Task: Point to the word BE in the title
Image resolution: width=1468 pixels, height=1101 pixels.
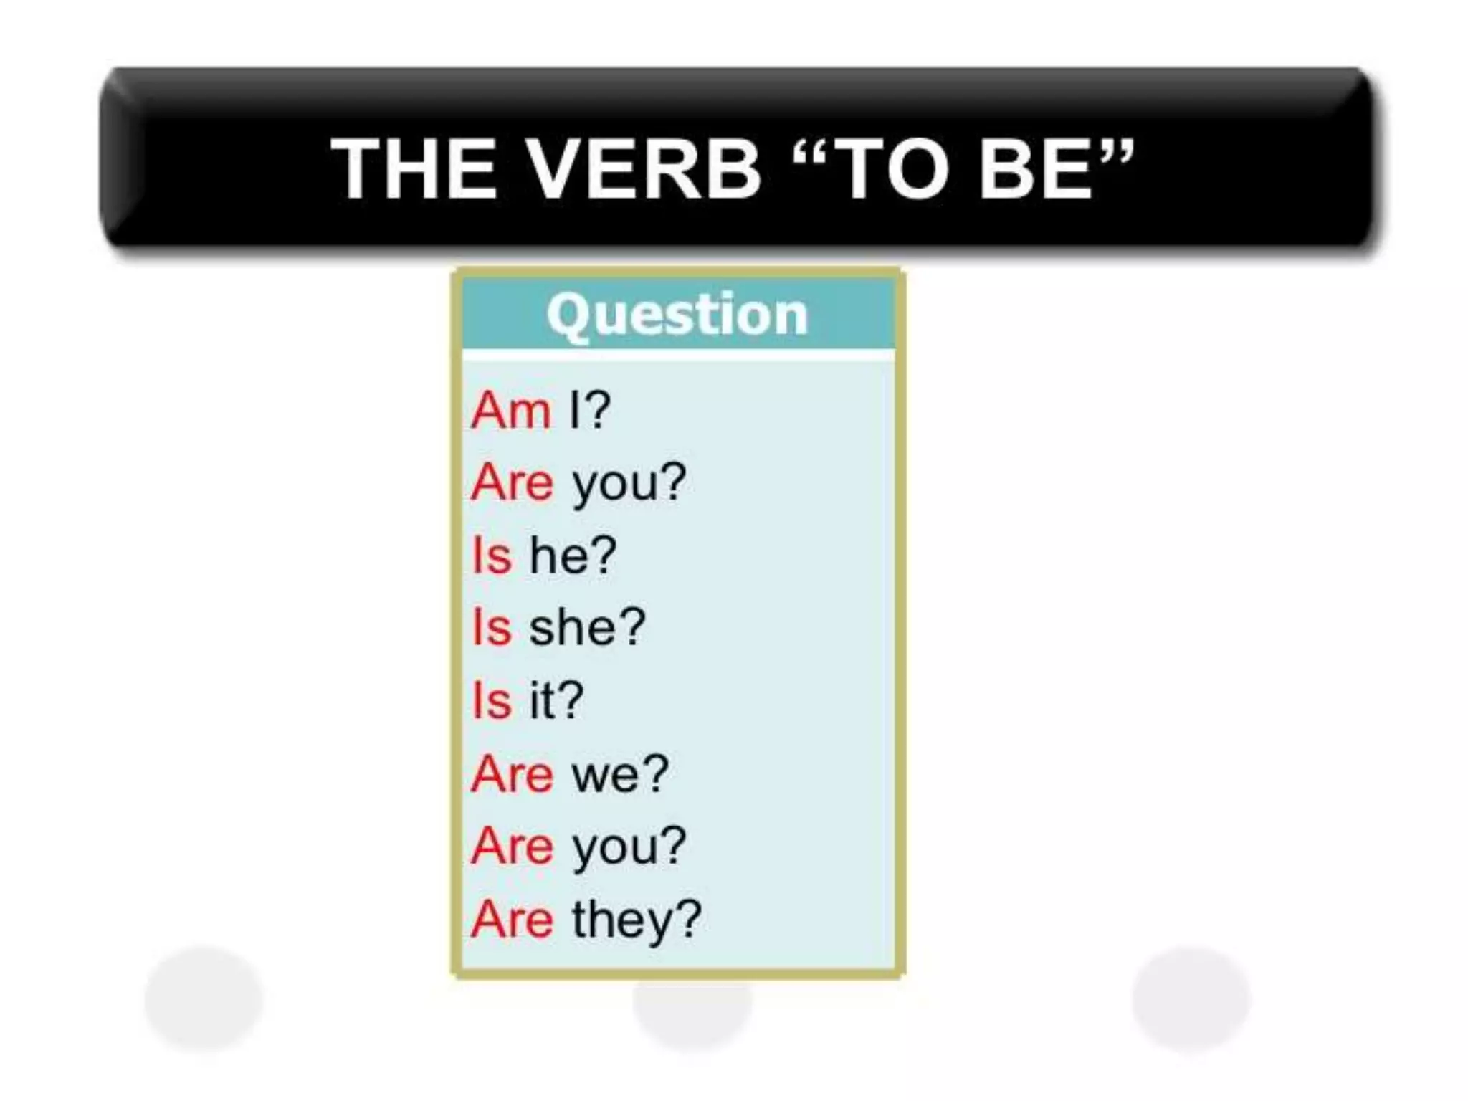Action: point(1035,169)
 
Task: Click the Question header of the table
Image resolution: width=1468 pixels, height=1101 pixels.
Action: point(677,315)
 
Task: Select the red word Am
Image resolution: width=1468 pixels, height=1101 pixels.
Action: point(511,411)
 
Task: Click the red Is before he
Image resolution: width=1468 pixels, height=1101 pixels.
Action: point(492,556)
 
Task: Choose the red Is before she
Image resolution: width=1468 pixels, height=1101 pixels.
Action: point(492,628)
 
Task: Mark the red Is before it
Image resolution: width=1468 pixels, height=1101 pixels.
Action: point(492,700)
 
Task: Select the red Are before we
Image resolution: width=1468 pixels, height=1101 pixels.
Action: point(512,774)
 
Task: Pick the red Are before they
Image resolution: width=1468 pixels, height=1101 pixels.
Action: point(512,920)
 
